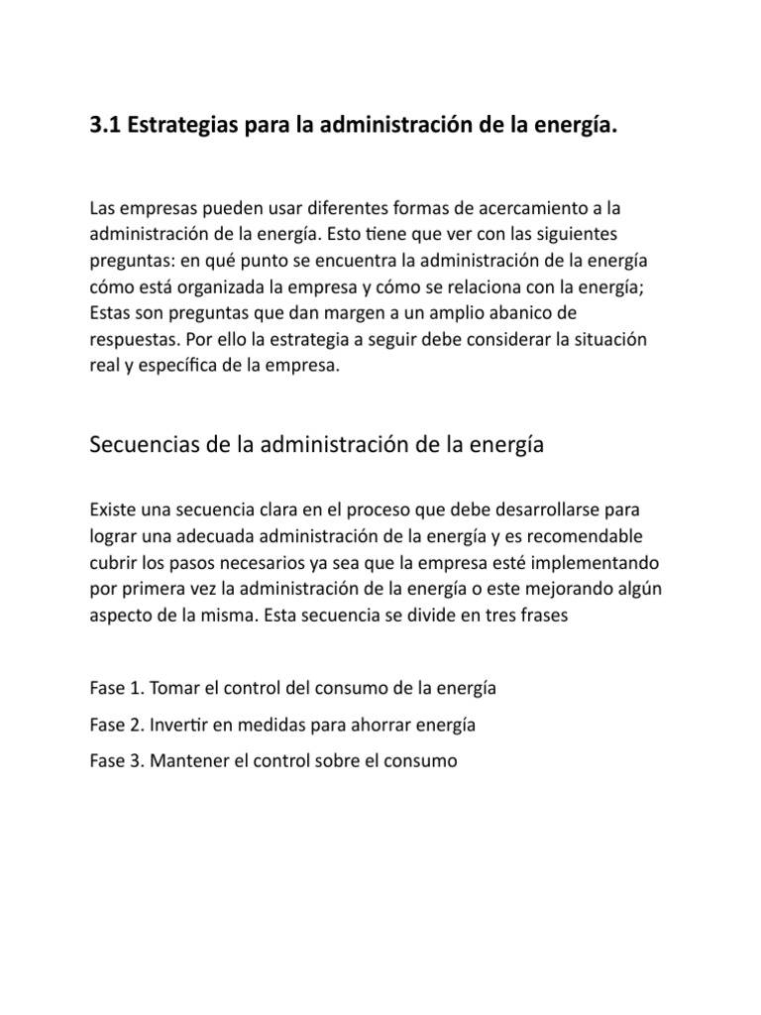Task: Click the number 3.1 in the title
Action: [x=105, y=130]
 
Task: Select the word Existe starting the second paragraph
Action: [x=112, y=510]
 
